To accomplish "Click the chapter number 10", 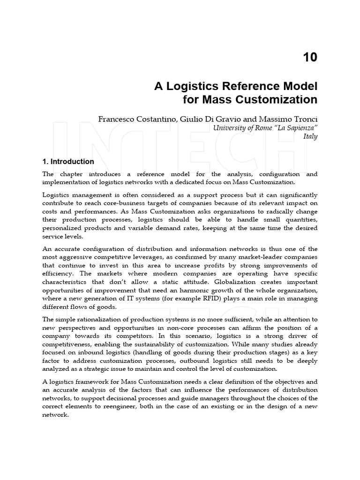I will click(310, 58).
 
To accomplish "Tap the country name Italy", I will click(310, 136).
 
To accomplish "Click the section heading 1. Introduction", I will click(68, 162).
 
